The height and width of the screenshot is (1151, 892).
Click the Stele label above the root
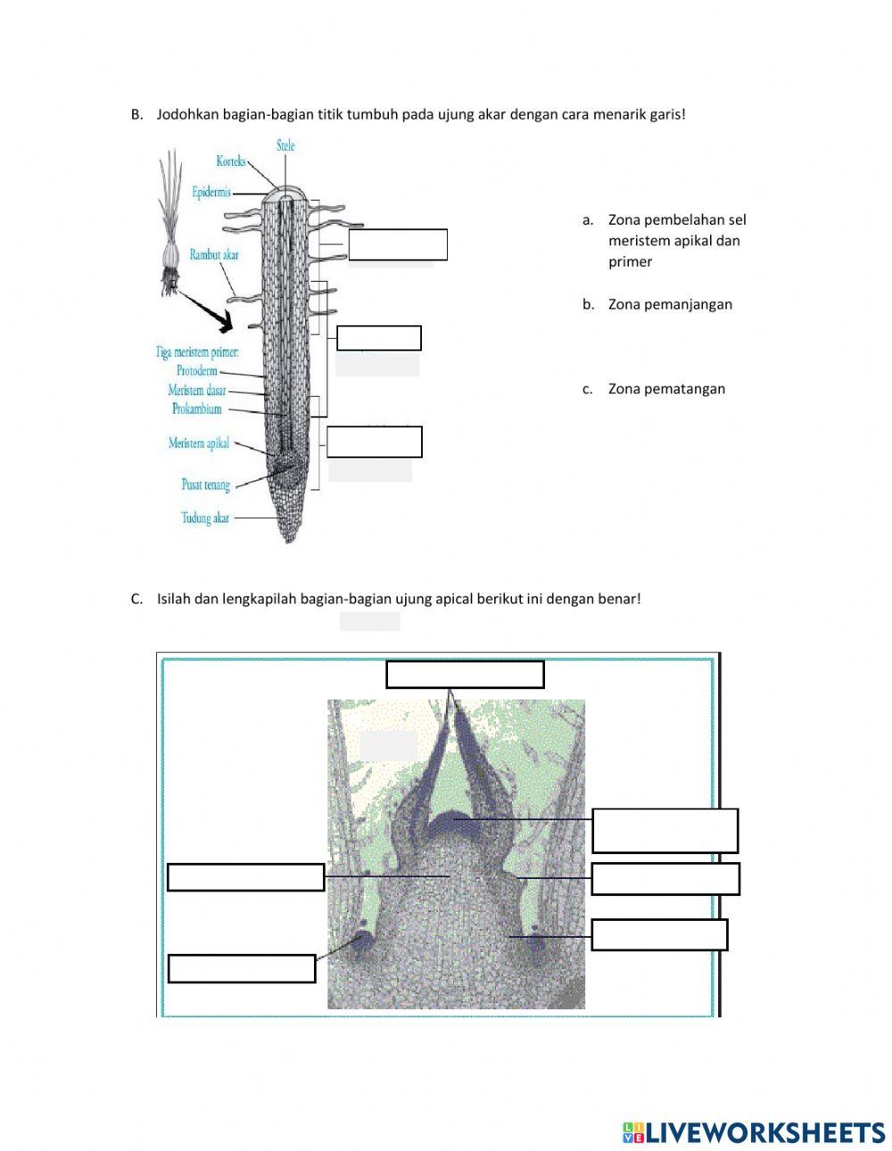coord(285,145)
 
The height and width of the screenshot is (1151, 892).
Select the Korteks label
coord(230,161)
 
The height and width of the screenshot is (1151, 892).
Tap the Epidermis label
coord(211,192)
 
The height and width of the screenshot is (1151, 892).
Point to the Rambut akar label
coord(214,255)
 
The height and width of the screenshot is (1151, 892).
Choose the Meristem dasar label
coord(197,391)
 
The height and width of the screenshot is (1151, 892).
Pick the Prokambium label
coord(196,409)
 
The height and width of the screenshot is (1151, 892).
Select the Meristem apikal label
coord(199,443)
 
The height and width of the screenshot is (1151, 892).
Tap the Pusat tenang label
coord(206,485)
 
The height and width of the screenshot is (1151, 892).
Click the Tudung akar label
coord(205,517)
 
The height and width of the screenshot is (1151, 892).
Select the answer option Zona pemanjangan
coord(670,304)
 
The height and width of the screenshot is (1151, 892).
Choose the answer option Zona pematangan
coord(666,389)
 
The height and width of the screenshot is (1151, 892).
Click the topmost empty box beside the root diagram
coord(398,244)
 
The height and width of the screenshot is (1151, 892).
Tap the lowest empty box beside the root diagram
coord(375,442)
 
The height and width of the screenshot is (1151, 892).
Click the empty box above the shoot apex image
coord(465,675)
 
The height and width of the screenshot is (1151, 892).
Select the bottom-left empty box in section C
coord(242,968)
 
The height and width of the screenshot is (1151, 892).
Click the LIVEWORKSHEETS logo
coord(754,1132)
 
